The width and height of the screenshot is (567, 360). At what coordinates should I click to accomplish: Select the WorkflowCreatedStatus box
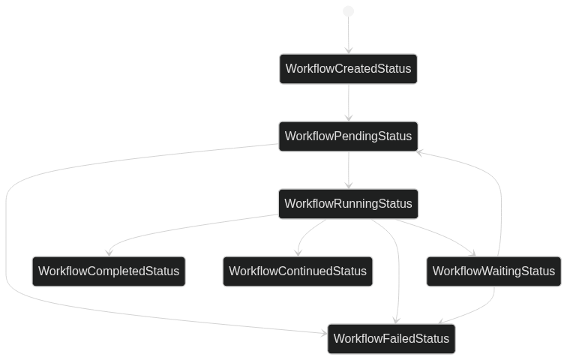click(348, 69)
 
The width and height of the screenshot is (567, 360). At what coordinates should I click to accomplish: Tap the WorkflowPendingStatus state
click(348, 136)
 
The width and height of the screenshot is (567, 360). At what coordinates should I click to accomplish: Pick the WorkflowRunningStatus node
click(348, 204)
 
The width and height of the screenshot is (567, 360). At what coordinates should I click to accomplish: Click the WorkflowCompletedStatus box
click(109, 271)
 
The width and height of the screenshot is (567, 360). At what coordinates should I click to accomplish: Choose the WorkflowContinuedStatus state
click(298, 271)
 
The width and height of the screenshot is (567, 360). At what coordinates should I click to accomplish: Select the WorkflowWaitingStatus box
click(494, 271)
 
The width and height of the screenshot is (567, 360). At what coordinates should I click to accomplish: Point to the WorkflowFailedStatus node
click(391, 339)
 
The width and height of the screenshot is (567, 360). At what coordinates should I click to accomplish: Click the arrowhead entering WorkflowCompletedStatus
click(110, 253)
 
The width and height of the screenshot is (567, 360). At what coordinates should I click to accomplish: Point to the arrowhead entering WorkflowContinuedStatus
click(299, 253)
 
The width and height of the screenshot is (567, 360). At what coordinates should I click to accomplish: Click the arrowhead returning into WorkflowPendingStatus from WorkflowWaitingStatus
click(420, 152)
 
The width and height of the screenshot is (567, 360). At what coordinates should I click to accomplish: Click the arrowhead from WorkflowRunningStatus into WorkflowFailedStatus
click(395, 320)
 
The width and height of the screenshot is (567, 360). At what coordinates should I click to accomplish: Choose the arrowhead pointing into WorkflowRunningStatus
click(348, 185)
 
